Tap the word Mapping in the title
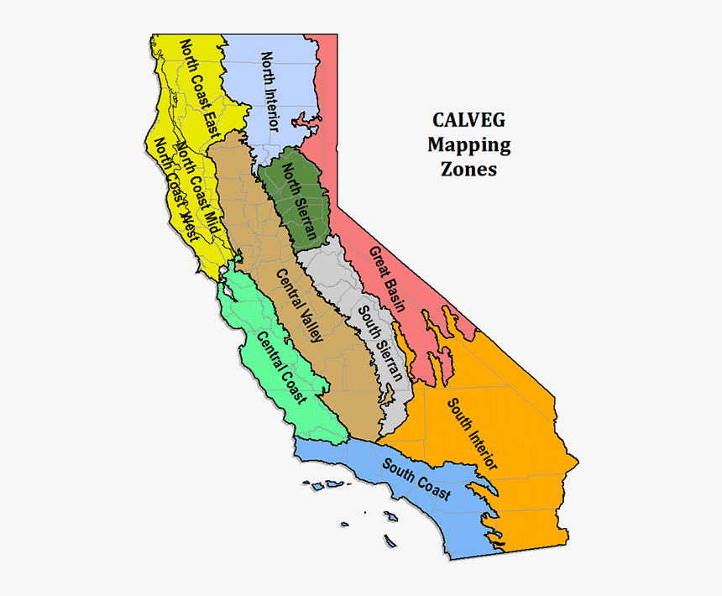(x=468, y=144)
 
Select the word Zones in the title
(x=468, y=169)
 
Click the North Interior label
(x=270, y=91)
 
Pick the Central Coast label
(x=280, y=367)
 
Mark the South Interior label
(x=472, y=433)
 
